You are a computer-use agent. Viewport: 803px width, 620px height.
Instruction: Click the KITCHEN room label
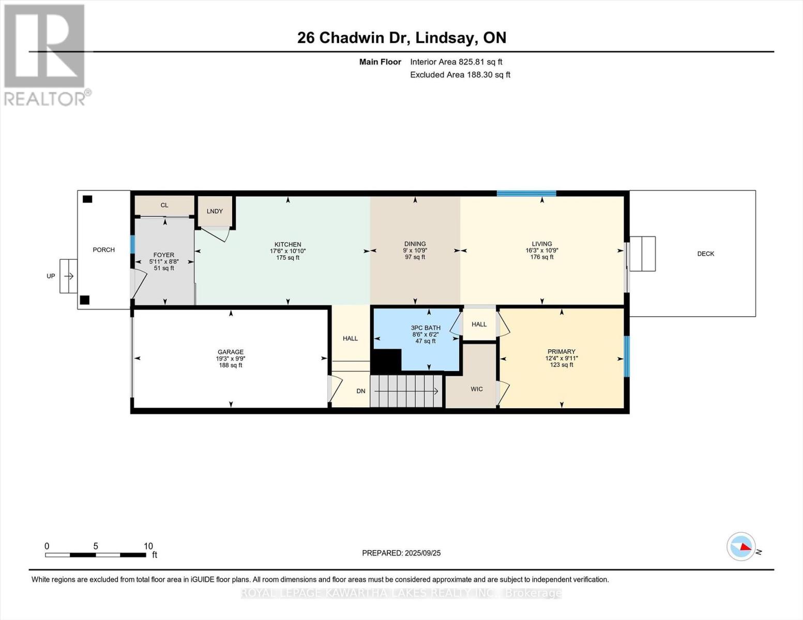pyautogui.click(x=287, y=244)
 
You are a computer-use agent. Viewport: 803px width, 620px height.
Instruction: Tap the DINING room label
pyautogui.click(x=415, y=244)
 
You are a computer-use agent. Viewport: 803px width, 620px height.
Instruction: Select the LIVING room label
pyautogui.click(x=541, y=244)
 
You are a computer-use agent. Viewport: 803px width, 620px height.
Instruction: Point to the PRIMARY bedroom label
pyautogui.click(x=561, y=351)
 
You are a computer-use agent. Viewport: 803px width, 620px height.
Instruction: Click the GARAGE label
pyautogui.click(x=230, y=352)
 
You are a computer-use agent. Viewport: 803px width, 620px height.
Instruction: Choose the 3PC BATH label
pyautogui.click(x=426, y=328)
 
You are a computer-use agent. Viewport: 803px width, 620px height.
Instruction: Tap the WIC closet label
pyautogui.click(x=476, y=389)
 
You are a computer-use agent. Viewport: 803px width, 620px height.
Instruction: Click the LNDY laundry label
pyautogui.click(x=215, y=211)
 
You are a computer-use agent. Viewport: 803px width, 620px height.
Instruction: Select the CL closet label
pyautogui.click(x=164, y=205)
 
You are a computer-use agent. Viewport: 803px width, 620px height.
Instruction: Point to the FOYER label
pyautogui.click(x=164, y=255)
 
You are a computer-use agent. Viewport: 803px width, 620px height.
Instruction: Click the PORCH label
pyautogui.click(x=103, y=250)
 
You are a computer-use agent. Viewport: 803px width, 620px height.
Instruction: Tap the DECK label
pyautogui.click(x=705, y=254)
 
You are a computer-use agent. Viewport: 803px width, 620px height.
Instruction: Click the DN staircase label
pyautogui.click(x=361, y=391)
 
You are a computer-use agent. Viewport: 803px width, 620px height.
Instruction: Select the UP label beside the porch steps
pyautogui.click(x=51, y=276)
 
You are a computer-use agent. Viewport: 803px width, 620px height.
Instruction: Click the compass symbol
pyautogui.click(x=741, y=546)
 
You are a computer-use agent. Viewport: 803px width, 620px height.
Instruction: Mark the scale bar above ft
pyautogui.click(x=96, y=555)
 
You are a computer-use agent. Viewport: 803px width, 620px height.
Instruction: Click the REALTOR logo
pyautogui.click(x=46, y=55)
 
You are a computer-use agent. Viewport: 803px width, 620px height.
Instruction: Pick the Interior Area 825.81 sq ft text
pyautogui.click(x=456, y=62)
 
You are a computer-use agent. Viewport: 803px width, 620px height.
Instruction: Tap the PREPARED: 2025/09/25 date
pyautogui.click(x=401, y=553)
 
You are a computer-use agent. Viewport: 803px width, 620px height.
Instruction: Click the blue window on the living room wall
pyautogui.click(x=526, y=194)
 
